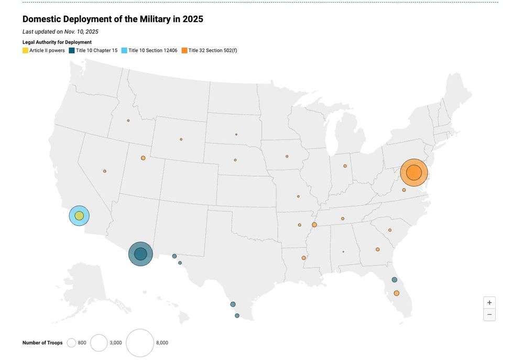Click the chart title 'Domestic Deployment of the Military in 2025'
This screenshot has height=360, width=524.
coord(113,19)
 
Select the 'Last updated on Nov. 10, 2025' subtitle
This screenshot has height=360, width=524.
coord(60,32)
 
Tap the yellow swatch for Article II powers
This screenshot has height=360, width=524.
coord(25,50)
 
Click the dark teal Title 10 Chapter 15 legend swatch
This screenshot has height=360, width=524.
coord(72,50)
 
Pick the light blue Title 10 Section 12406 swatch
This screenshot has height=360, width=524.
coord(124,50)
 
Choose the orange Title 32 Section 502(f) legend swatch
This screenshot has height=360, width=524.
coord(184,50)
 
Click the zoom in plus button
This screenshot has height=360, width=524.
coord(489,303)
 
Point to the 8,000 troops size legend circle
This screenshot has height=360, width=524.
coord(140,343)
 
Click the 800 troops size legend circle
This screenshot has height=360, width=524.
coord(71,343)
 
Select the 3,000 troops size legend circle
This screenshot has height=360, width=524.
coord(99,343)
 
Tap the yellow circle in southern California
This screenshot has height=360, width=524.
coord(79,215)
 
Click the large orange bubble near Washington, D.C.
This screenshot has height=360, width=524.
coord(414,172)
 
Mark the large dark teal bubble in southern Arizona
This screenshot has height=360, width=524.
coord(140,254)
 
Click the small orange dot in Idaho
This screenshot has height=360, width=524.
coord(128,121)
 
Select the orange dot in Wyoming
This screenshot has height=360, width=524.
coord(181,139)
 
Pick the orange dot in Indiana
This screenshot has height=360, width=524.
coord(345,166)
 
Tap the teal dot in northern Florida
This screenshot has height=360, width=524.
coord(395,280)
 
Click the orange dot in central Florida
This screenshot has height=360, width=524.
coord(397,293)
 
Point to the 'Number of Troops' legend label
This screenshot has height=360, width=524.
coord(42,343)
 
